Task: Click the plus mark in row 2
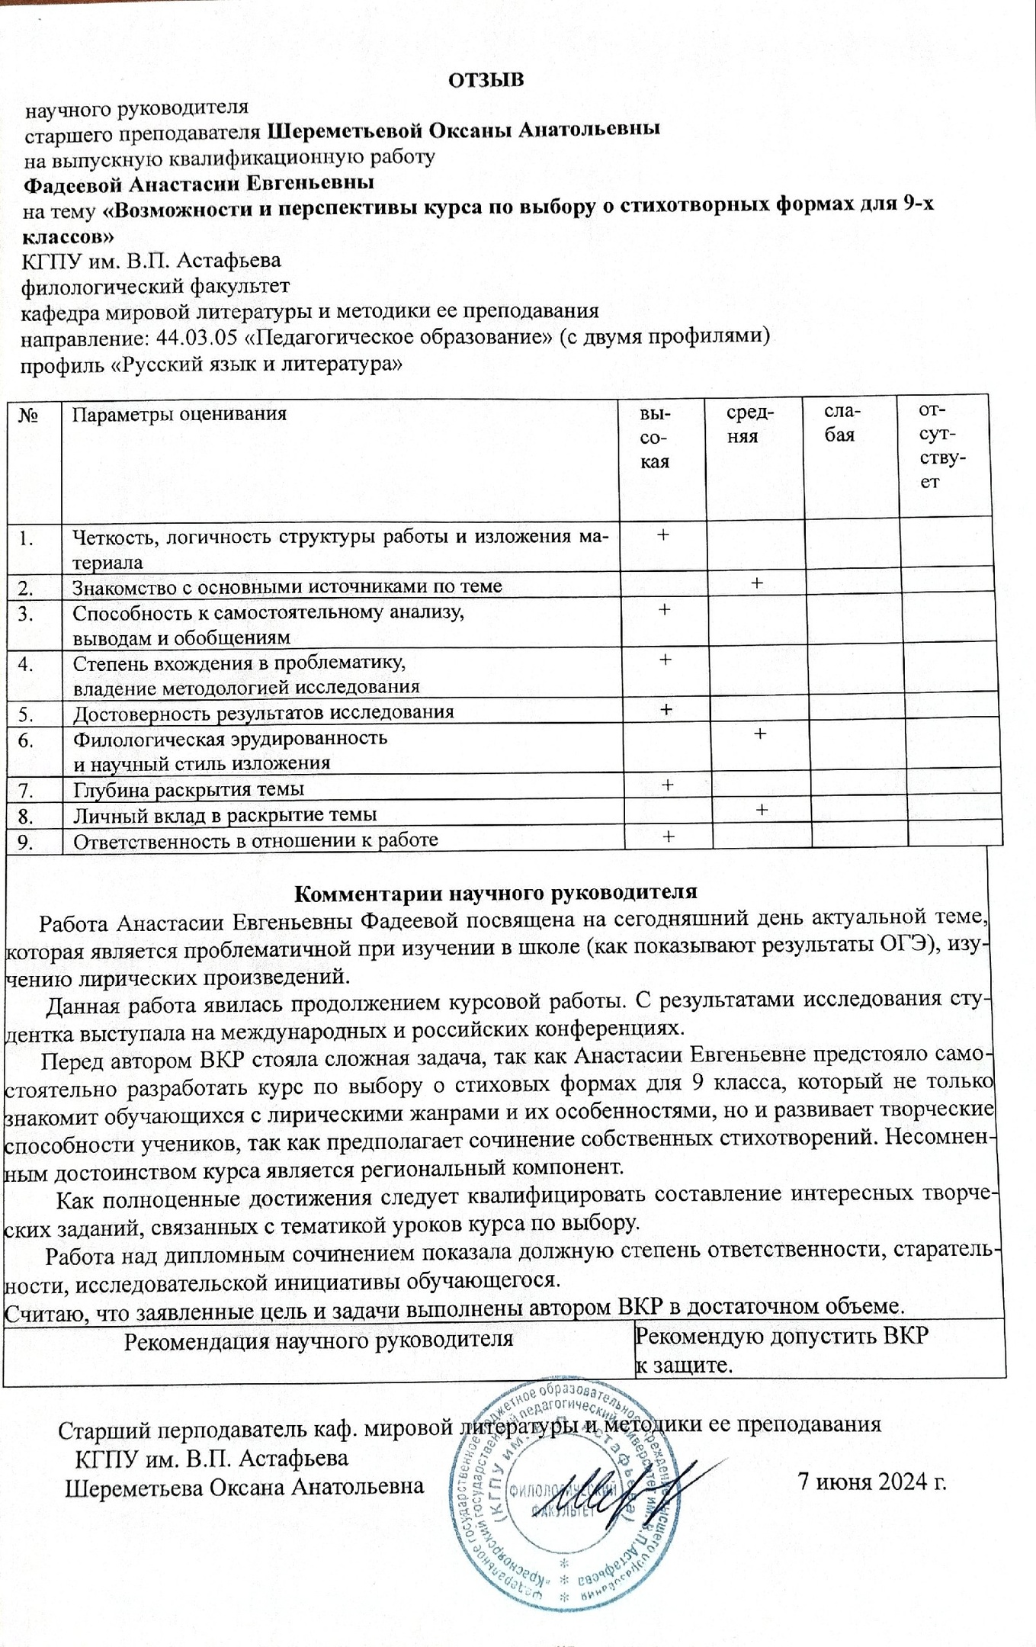click(x=756, y=583)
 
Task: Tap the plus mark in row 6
click(x=759, y=734)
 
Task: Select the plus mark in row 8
click(x=761, y=810)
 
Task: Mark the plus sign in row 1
click(x=663, y=535)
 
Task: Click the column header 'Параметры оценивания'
click(x=179, y=414)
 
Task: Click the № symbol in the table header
click(x=29, y=416)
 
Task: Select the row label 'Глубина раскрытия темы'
click(x=188, y=789)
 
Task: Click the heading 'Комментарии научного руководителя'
click(x=496, y=892)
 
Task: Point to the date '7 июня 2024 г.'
click(x=871, y=1481)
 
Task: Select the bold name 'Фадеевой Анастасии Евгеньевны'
click(x=198, y=184)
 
